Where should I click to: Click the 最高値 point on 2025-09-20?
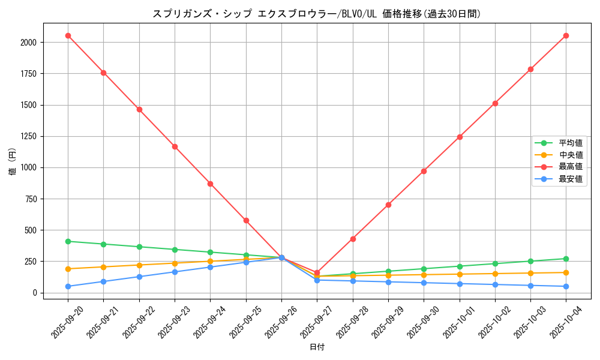coord(68,35)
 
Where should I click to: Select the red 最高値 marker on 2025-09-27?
coord(317,272)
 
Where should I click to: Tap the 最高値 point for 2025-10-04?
coord(566,35)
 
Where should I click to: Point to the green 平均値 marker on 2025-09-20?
coord(68,241)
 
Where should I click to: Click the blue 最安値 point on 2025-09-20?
coord(68,286)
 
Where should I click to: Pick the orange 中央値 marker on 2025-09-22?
coord(139,265)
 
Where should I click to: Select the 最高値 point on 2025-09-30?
coord(424,171)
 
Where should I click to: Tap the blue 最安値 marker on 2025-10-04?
coord(566,286)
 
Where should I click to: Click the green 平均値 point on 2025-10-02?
coord(495,263)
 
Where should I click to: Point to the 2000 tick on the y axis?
coord(28,43)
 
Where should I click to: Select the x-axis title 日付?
coord(317,347)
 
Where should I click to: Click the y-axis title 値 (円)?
coord(13,162)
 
